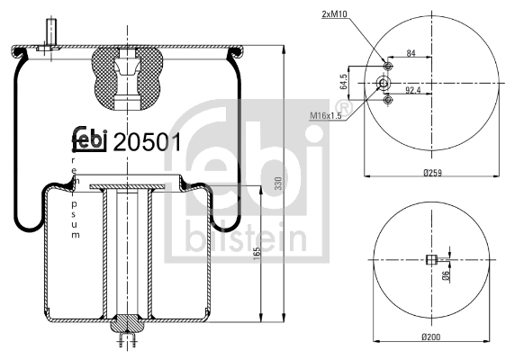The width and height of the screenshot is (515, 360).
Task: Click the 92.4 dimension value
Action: (x=413, y=90)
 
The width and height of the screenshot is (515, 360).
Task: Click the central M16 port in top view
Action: (x=383, y=83)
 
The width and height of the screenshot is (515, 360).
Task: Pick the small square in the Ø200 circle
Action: (x=430, y=261)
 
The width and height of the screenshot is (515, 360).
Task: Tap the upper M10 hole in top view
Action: (x=388, y=67)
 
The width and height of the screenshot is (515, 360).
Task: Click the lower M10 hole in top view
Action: (x=388, y=100)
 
